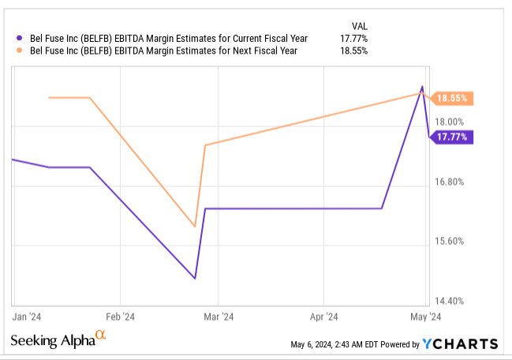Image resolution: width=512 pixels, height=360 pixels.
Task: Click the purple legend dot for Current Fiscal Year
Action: pyautogui.click(x=18, y=38)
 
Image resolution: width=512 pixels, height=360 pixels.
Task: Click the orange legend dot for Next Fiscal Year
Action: pyautogui.click(x=18, y=51)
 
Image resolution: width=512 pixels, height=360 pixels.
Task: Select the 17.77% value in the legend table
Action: pyautogui.click(x=352, y=38)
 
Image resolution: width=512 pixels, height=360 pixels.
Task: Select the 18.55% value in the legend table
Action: pyautogui.click(x=352, y=51)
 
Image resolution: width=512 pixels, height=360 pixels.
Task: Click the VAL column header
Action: pyautogui.click(x=359, y=24)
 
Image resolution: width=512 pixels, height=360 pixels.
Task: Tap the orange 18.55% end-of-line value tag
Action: pyautogui.click(x=452, y=99)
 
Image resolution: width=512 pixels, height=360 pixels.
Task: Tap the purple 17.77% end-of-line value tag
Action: pyautogui.click(x=452, y=137)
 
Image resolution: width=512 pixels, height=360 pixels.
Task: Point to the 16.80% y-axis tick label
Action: pyautogui.click(x=451, y=182)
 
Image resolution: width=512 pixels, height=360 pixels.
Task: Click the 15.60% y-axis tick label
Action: pyautogui.click(x=451, y=242)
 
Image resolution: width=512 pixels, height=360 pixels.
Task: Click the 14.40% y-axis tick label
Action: pyautogui.click(x=451, y=301)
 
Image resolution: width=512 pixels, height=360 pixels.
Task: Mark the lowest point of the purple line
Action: pyautogui.click(x=194, y=279)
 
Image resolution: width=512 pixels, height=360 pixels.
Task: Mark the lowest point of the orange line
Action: pyautogui.click(x=194, y=227)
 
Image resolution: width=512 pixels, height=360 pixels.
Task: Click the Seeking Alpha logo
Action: pyautogui.click(x=58, y=340)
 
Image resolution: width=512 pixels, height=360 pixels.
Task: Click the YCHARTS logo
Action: pyautogui.click(x=460, y=343)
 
